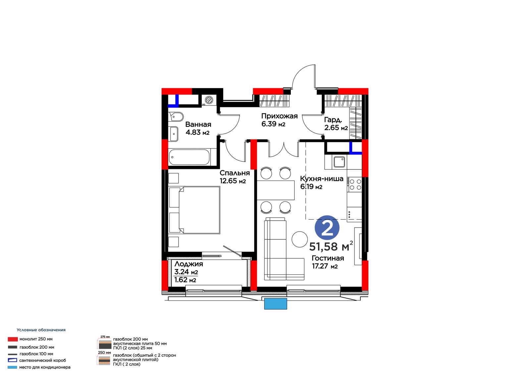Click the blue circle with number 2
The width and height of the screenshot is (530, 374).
click(327, 228)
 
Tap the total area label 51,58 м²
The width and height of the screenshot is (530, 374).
click(331, 246)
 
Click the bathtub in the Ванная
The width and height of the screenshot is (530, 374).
click(189, 157)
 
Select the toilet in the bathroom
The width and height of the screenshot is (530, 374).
click(176, 116)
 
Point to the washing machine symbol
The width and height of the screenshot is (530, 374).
click(209, 100)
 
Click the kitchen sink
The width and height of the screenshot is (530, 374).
click(339, 162)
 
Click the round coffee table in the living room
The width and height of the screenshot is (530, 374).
click(299, 239)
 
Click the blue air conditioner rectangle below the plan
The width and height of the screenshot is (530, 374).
click(275, 304)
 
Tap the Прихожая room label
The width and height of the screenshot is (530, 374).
click(279, 116)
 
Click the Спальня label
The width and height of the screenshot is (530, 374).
click(235, 173)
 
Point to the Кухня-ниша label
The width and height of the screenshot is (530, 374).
click(322, 179)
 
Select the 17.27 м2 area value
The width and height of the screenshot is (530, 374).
click(325, 266)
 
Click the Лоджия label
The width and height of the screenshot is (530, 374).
click(188, 264)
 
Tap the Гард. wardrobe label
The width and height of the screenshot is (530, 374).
click(333, 120)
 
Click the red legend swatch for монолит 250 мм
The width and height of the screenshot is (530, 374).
click(13, 339)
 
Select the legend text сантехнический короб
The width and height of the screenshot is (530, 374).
click(43, 360)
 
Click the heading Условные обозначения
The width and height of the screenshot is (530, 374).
click(41, 330)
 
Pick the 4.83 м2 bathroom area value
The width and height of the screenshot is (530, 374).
click(197, 132)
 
